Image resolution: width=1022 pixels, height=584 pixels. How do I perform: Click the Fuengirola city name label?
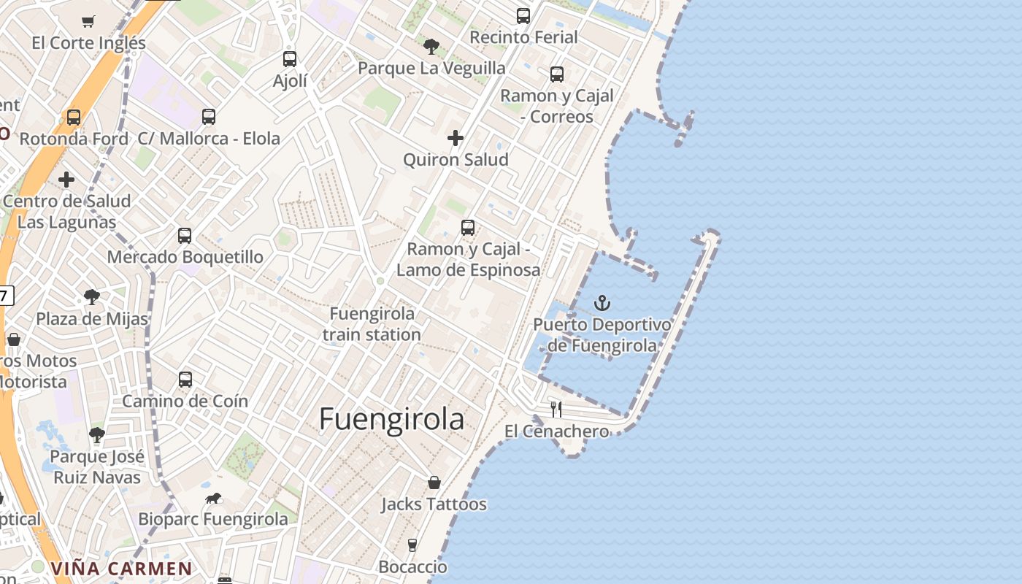pos(391,419)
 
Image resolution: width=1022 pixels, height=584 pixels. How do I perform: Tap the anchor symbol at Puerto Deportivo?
pos(602,303)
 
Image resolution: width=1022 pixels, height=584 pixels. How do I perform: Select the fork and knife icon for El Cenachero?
pos(556,409)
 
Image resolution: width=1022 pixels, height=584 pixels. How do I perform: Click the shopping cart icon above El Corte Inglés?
pos(88,21)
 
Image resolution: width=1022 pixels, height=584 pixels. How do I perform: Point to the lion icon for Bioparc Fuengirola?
pos(213,499)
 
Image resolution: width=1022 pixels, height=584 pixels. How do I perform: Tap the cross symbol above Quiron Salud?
pos(456,138)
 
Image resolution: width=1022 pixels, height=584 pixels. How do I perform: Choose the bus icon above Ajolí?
pos(290,59)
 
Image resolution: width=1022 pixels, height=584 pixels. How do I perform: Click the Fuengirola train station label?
pos(372,324)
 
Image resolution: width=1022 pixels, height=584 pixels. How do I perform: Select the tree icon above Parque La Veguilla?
pos(431,47)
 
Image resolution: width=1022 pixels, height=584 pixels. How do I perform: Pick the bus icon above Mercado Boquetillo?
pos(185,236)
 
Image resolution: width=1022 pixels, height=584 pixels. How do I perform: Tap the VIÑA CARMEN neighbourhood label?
pos(121,569)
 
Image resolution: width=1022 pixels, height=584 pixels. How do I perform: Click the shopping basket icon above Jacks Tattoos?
pos(434,483)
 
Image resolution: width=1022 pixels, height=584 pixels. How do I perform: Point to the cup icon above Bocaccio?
pos(412,545)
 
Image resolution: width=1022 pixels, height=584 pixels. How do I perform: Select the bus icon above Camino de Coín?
pos(185,380)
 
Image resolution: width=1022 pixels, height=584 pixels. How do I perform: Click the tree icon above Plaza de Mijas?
pos(92,297)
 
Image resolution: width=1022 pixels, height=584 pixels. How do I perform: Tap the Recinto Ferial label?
pos(523,36)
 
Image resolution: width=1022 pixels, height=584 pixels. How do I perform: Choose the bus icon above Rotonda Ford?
pos(74,118)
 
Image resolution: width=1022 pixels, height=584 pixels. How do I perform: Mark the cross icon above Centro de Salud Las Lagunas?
pos(66,180)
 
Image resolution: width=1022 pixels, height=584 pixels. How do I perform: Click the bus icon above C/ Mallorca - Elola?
pos(209,117)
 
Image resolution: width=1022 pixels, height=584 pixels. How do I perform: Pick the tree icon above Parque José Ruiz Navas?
pos(97,435)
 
